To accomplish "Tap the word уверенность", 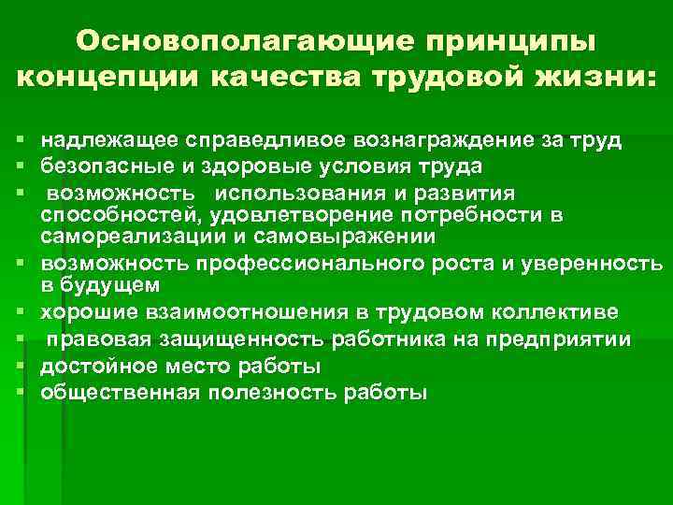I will (598, 263).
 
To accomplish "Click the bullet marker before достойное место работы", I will (19, 365).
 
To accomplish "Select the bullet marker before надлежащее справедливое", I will (19, 141).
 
